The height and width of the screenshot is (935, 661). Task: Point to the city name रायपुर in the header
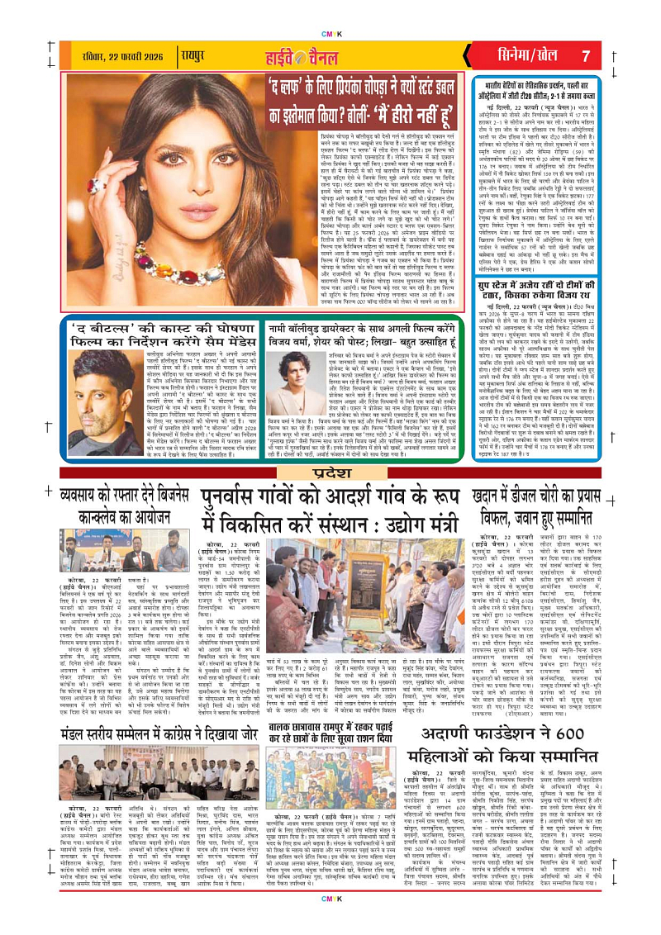(x=193, y=56)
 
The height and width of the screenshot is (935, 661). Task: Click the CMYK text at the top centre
(x=330, y=12)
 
